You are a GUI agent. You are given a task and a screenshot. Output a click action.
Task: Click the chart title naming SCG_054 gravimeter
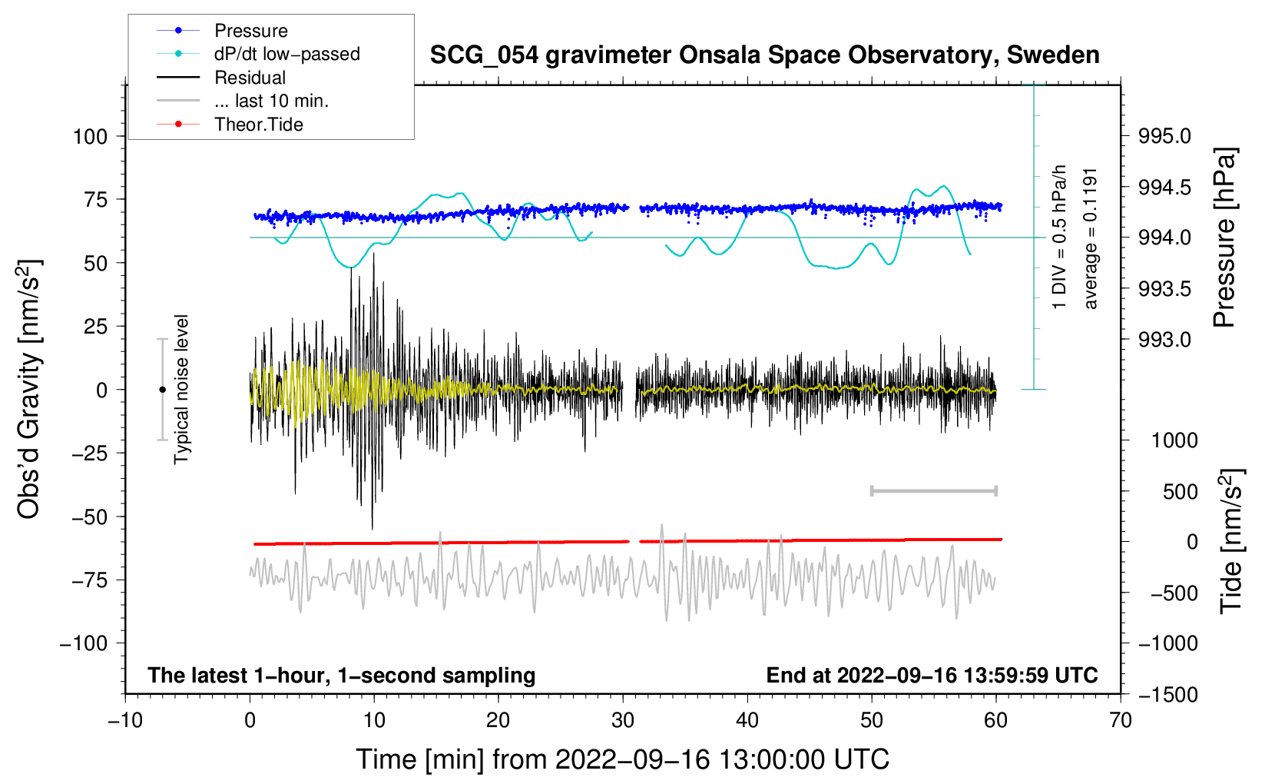point(764,55)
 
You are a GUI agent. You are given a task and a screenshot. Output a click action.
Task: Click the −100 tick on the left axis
point(84,643)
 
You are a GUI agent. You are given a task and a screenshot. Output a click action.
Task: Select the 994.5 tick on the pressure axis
point(1164,187)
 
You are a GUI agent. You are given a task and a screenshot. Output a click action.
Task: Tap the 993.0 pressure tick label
point(1164,340)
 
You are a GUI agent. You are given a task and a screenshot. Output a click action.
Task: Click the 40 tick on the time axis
point(747,720)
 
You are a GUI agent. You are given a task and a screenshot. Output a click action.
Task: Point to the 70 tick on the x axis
point(1121,720)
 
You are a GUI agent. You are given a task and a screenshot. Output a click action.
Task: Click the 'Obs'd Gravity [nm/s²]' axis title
point(28,389)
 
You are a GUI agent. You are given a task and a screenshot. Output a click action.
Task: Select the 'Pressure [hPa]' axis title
point(1224,238)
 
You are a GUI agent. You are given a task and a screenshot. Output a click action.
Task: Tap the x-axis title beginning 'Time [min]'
point(623,759)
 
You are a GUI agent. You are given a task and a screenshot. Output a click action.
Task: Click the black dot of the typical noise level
point(162,390)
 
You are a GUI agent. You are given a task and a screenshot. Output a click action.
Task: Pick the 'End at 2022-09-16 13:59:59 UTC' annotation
point(932,675)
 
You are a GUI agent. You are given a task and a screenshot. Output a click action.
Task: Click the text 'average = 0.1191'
point(1090,239)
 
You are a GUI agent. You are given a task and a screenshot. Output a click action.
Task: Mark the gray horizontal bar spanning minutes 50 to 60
point(933,490)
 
